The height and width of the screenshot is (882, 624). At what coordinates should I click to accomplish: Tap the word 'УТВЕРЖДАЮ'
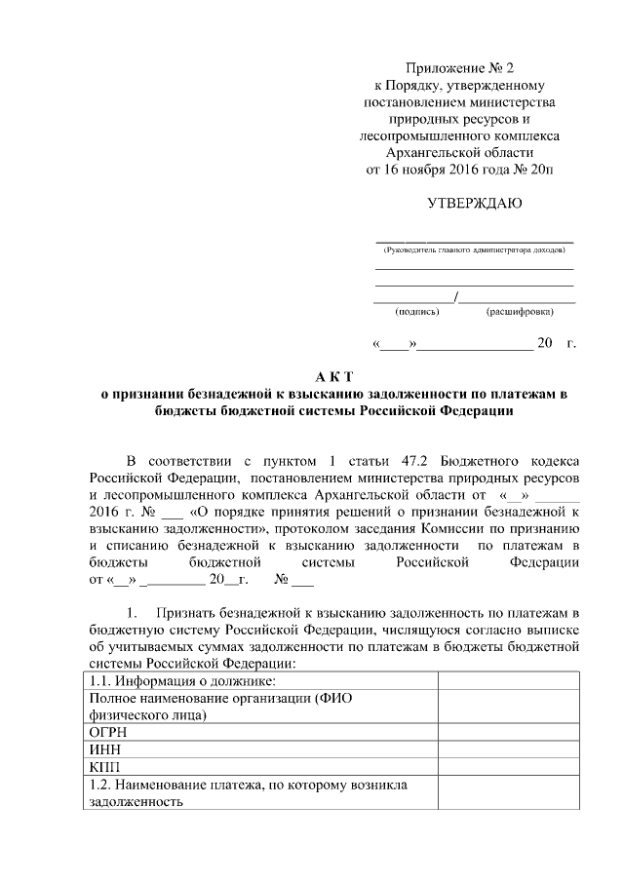coord(474,203)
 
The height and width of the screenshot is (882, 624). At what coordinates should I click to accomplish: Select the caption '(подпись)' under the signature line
coord(416,312)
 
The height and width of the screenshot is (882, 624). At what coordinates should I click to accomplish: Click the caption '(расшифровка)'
coord(519,312)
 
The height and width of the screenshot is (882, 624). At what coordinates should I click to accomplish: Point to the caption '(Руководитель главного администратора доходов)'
coord(475,250)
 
